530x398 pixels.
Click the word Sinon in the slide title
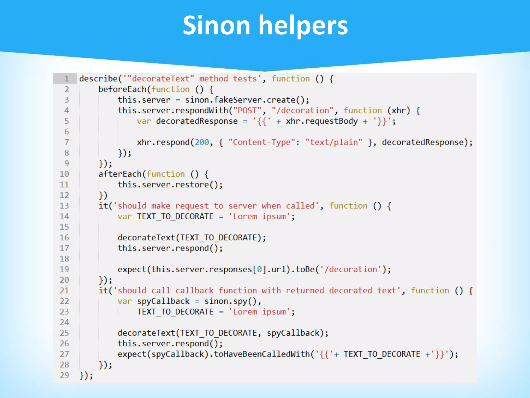[216, 25]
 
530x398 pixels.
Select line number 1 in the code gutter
[67, 79]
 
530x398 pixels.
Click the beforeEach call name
[122, 89]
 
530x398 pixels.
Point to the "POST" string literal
[247, 110]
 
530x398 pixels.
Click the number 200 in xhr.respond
[202, 142]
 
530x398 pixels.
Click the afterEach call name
[120, 174]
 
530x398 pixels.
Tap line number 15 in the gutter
[64, 227]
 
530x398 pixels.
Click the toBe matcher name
[305, 269]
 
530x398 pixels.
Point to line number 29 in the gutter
[64, 375]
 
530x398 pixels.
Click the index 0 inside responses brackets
[259, 269]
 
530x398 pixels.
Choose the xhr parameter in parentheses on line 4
[399, 110]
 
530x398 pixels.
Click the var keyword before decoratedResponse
[144, 121]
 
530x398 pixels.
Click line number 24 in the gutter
[64, 322]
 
